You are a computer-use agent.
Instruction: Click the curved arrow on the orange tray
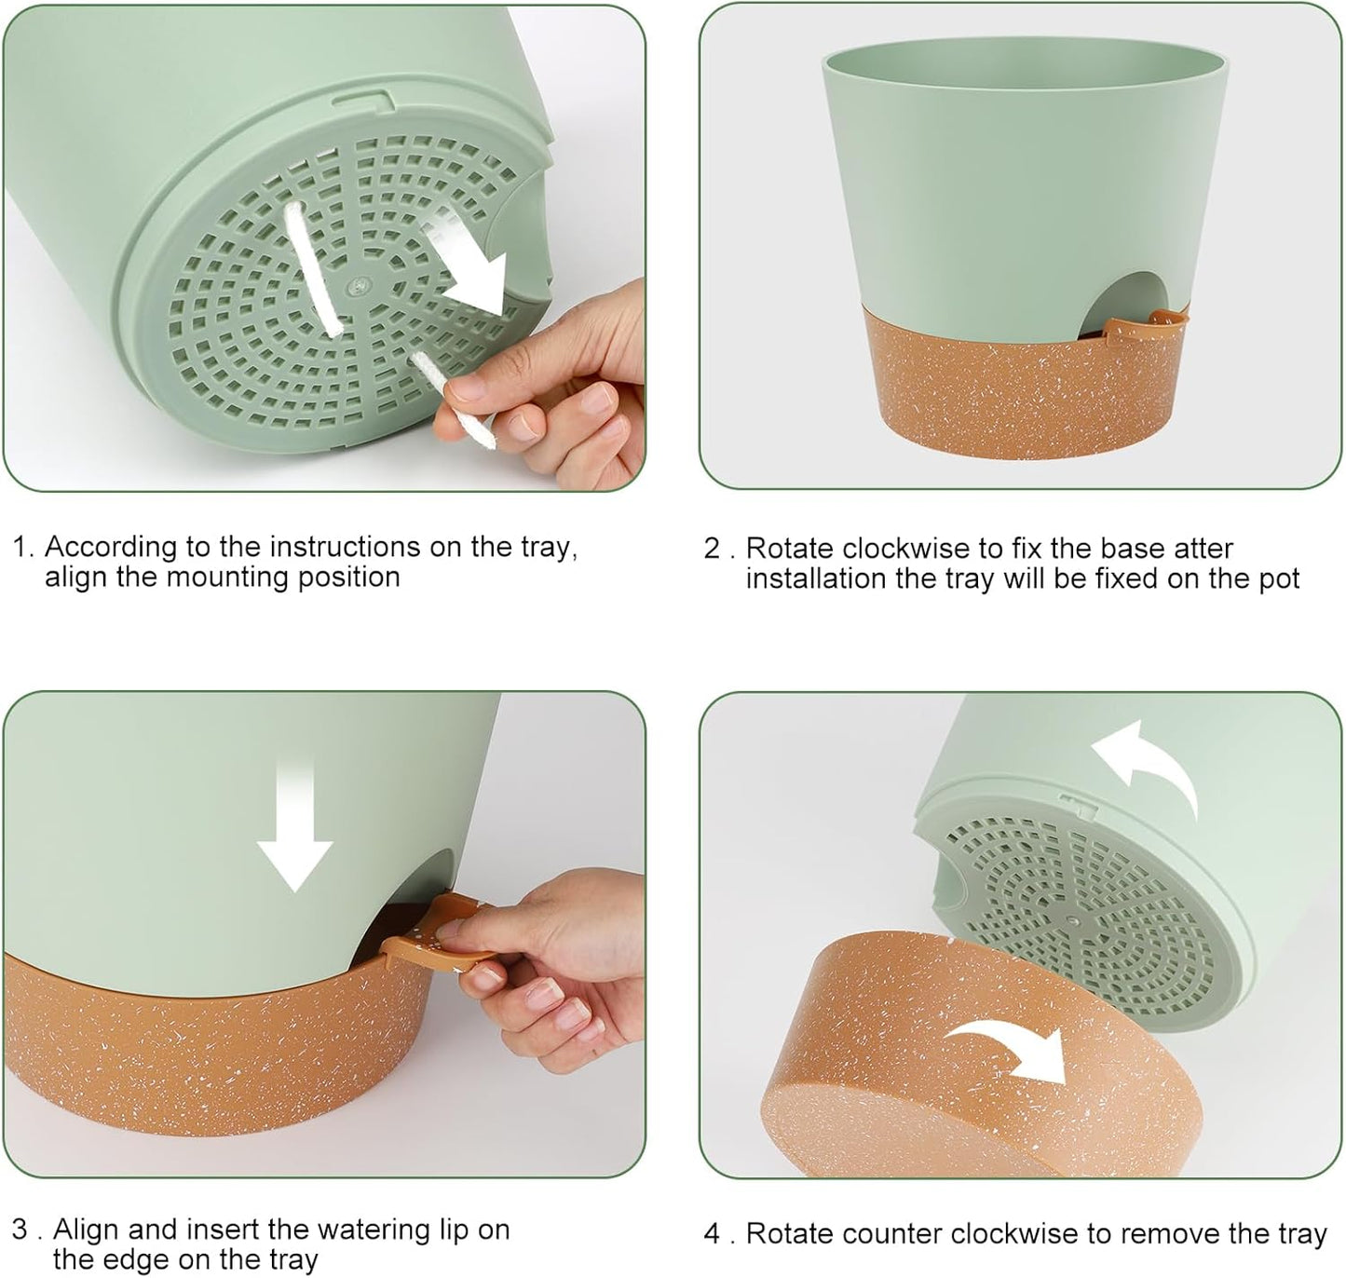[x=1011, y=1048]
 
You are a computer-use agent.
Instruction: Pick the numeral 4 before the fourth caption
[x=713, y=1234]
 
